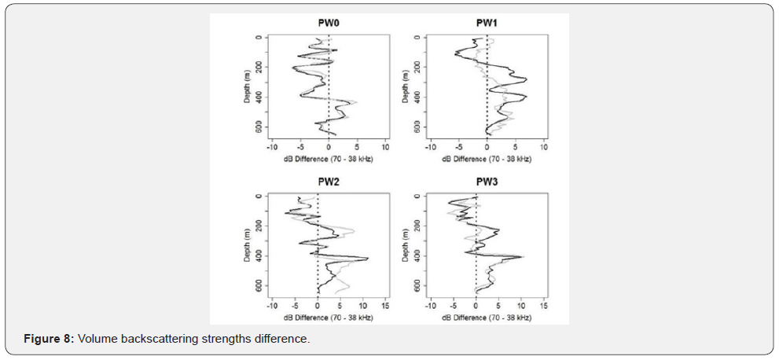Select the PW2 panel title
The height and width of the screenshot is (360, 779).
click(328, 182)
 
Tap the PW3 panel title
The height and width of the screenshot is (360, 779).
click(487, 182)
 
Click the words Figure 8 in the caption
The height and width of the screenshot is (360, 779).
click(49, 338)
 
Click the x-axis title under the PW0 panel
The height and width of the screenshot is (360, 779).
click(329, 159)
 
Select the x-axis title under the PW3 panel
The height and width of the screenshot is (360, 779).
click(487, 318)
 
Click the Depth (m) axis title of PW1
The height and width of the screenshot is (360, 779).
click(406, 86)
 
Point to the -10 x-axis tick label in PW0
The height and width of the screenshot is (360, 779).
click(271, 147)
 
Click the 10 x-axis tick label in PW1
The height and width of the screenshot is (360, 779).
click(544, 147)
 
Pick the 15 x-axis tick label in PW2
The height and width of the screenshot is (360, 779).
click(385, 306)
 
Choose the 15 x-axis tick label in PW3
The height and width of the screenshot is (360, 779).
click(544, 306)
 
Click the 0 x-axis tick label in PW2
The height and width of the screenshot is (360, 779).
click(318, 306)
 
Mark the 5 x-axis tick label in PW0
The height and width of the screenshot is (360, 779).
click(357, 147)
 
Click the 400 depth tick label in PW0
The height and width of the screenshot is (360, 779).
click(259, 97)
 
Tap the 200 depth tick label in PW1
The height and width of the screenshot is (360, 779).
click(418, 67)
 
